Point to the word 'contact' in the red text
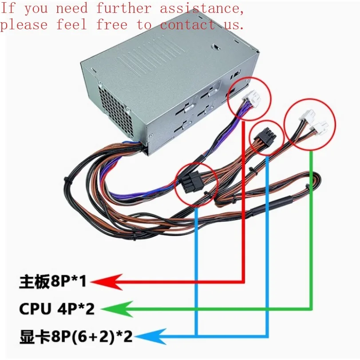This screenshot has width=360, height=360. point(188,25)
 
